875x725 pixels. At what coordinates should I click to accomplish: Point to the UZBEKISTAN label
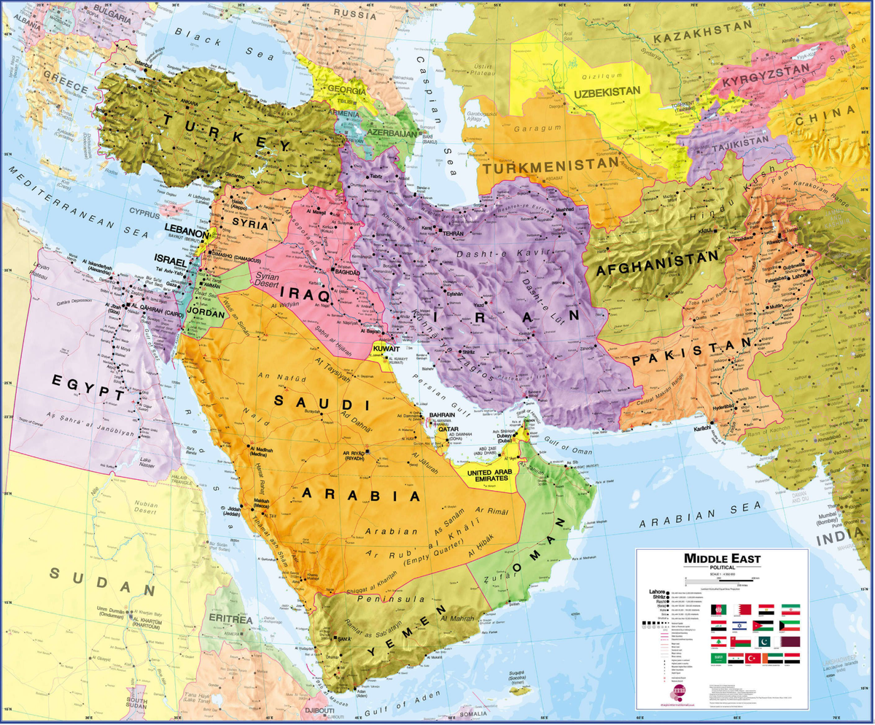pyautogui.click(x=607, y=93)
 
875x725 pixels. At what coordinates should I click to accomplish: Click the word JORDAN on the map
pyautogui.click(x=206, y=311)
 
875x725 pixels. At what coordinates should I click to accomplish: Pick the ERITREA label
pyautogui.click(x=230, y=619)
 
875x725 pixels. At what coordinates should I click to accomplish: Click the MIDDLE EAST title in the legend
pyautogui.click(x=721, y=559)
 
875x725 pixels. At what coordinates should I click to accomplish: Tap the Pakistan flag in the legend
pyautogui.click(x=764, y=642)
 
